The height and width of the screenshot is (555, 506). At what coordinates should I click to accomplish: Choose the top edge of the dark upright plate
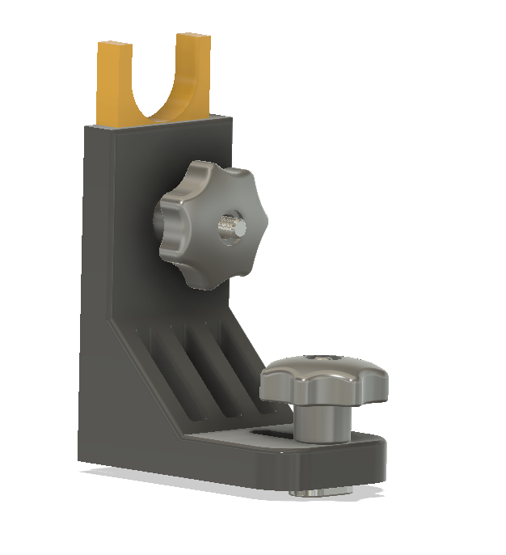click(162, 124)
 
